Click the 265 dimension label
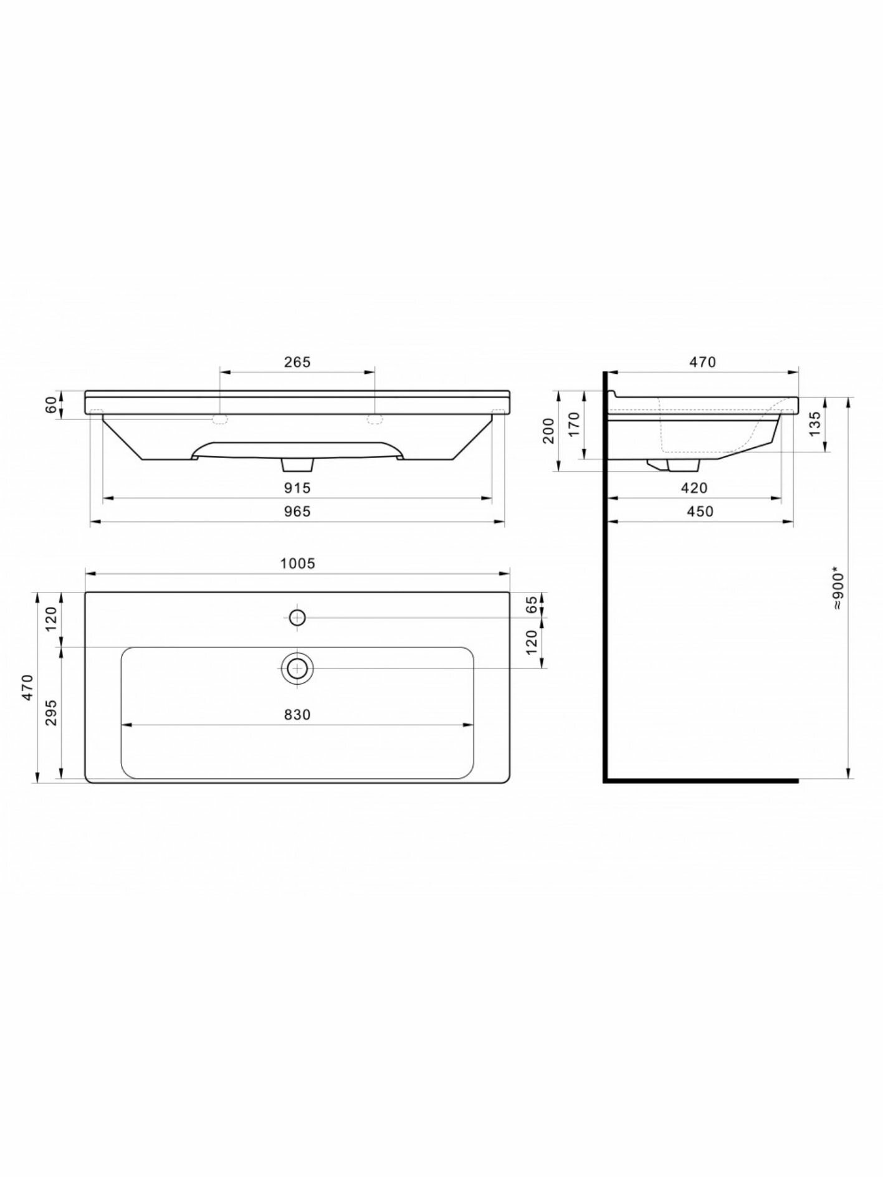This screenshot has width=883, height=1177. click(297, 362)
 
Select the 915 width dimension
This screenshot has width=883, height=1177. click(297, 488)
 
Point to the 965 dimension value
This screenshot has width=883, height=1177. click(297, 512)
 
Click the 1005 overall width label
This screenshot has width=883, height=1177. click(298, 564)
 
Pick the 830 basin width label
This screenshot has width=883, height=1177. click(297, 715)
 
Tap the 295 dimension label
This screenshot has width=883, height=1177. click(51, 712)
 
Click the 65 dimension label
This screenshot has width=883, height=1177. click(532, 604)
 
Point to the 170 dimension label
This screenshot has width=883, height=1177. click(574, 424)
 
